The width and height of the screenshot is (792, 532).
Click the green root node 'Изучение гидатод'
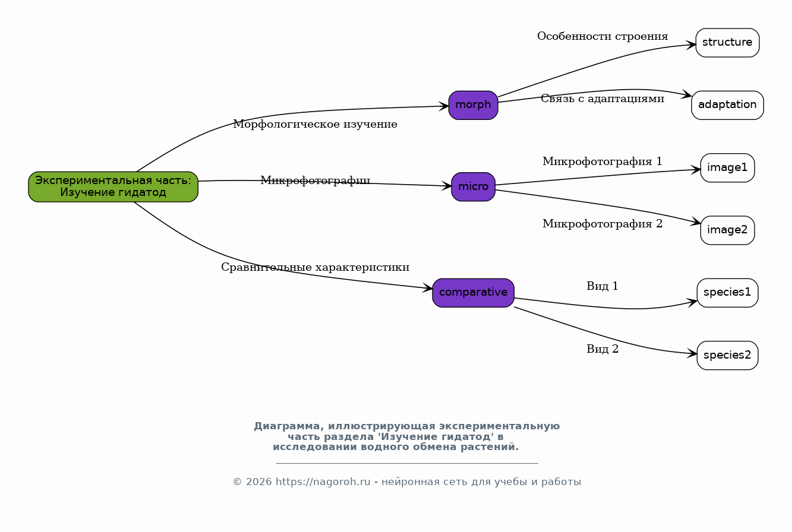[113, 186]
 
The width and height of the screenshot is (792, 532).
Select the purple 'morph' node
[473, 105]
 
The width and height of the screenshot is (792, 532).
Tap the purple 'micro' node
[473, 186]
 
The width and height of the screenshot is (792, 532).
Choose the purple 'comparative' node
[473, 293]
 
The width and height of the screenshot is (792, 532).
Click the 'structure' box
[727, 42]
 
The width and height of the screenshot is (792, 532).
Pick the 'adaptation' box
[727, 105]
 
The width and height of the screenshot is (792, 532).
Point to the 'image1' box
[727, 167]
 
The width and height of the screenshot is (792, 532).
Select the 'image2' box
[727, 230]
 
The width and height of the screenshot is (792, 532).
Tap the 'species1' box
[727, 293]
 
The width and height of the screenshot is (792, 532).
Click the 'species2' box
[727, 355]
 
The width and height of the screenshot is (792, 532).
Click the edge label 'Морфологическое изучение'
[315, 124]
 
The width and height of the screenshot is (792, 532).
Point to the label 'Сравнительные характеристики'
[315, 267]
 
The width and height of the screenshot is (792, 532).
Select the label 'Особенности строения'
[602, 36]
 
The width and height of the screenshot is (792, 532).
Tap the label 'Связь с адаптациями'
[602, 99]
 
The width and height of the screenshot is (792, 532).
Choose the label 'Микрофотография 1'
[602, 161]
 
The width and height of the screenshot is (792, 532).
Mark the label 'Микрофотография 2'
[602, 224]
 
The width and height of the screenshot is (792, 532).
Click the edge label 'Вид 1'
[602, 286]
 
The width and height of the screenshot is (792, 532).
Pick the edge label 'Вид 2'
[602, 349]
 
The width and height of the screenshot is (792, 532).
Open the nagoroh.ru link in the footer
[323, 482]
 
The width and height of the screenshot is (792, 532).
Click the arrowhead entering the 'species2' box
[692, 353]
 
